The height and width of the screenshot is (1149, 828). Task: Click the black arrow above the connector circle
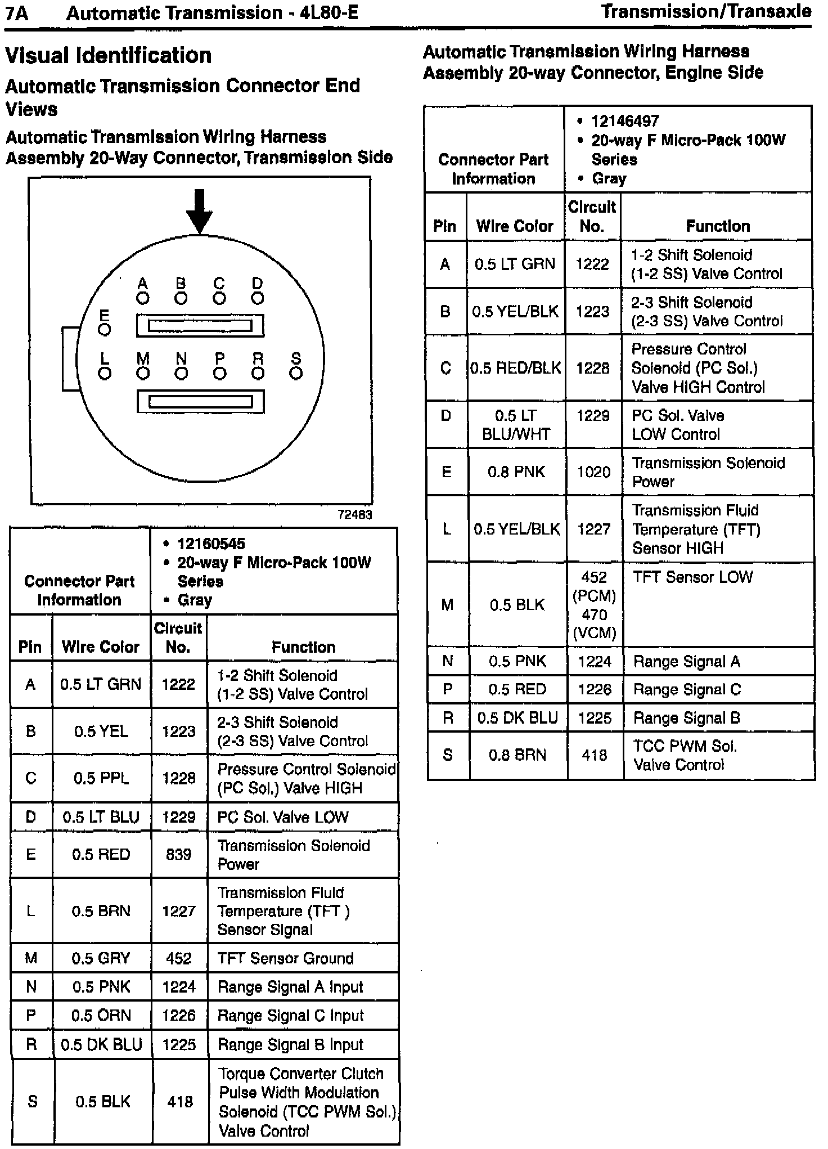point(199,212)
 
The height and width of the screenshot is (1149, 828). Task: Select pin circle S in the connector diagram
point(296,373)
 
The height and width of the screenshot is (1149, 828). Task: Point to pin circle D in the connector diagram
point(258,298)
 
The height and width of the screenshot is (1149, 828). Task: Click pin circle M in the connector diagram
point(143,373)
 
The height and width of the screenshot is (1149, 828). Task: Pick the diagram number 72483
point(354,514)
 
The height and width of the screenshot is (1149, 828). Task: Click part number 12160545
point(211,544)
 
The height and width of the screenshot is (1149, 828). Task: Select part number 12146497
point(625,121)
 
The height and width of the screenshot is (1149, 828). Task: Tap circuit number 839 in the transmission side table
point(178,854)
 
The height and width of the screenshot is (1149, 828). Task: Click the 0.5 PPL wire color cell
point(101,778)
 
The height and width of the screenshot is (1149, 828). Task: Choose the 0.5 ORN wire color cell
point(101,1015)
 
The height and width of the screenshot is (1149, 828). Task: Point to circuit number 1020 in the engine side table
point(593,472)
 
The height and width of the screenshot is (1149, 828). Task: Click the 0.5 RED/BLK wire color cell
point(515,368)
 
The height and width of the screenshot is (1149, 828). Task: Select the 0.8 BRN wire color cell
point(517,755)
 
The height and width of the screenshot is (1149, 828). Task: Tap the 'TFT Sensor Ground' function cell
point(285,958)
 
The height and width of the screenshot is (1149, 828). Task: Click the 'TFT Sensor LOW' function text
point(692,577)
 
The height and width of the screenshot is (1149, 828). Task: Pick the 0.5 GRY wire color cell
point(101,958)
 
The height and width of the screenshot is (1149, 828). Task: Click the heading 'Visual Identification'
point(109,56)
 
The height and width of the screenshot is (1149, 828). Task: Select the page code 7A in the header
point(17,13)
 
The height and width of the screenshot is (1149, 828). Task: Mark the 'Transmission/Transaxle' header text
point(706,11)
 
